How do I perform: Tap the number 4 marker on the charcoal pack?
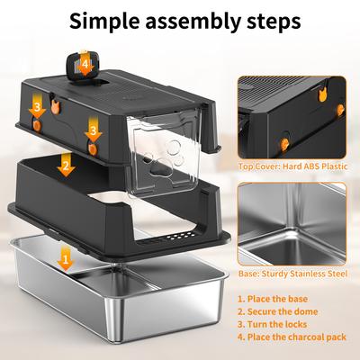tap(85, 64)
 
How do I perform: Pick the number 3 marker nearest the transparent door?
tap(93, 131)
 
